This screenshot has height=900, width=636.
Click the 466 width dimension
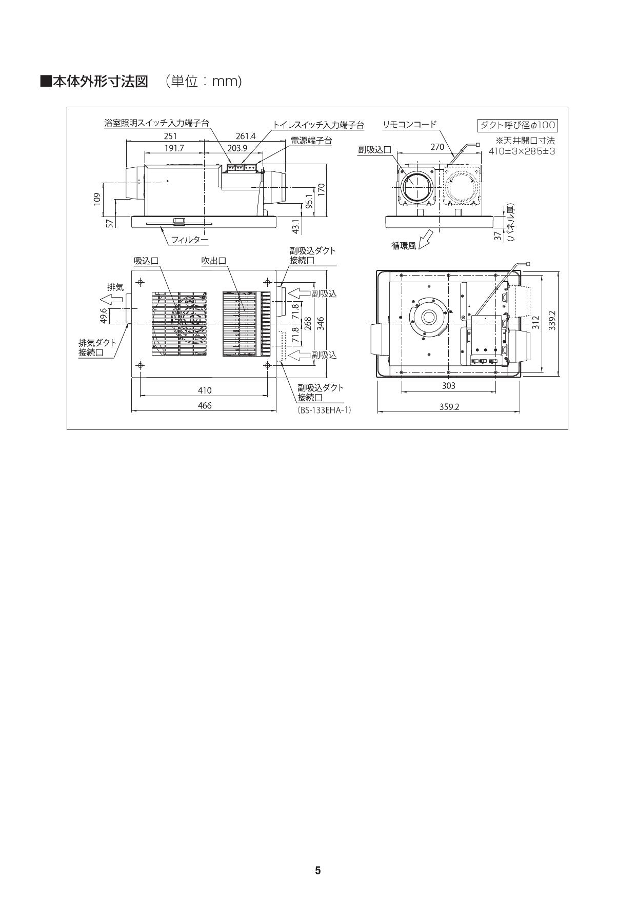204,405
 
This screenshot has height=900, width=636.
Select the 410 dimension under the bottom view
204,390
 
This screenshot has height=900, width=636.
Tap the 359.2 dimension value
449,406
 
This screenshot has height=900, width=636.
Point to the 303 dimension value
448,385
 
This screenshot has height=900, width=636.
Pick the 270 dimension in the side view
437,147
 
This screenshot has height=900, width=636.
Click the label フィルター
190,240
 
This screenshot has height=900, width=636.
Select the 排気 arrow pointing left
111,300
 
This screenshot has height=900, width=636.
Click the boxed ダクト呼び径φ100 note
517,125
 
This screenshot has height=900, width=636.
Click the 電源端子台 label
311,140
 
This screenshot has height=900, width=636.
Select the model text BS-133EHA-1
324,410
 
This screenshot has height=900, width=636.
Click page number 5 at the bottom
317,870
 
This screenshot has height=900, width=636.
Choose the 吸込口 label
146,261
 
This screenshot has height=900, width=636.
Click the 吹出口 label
213,261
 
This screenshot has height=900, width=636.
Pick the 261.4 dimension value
245,136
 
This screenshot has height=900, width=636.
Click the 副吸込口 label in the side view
374,149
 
